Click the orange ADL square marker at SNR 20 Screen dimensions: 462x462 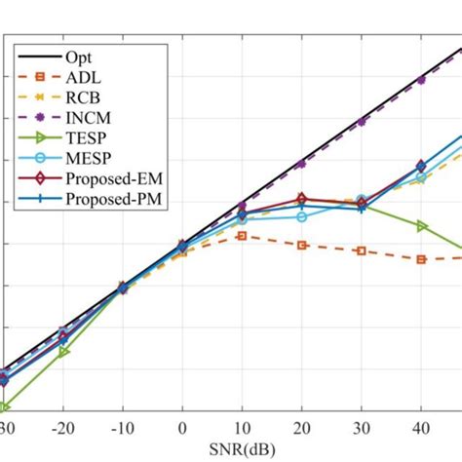click(302, 245)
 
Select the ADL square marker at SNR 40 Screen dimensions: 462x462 click(421, 259)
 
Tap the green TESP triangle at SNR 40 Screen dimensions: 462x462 click(421, 226)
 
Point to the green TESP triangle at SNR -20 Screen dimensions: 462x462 click(62, 352)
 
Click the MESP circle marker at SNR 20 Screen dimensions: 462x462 click(302, 216)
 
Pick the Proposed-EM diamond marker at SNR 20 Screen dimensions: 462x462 click(302, 199)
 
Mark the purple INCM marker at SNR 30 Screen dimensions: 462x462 click(362, 121)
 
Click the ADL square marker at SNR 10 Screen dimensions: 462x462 click(242, 236)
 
